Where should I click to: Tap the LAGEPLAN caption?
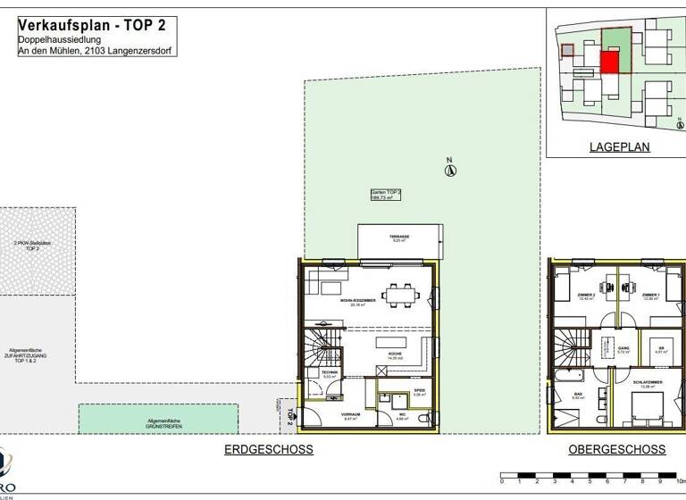tap(618, 147)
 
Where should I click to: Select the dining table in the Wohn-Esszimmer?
tap(400, 293)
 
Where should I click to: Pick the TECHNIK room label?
tap(330, 373)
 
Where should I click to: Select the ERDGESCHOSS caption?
tap(268, 450)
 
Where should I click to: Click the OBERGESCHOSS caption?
tap(616, 450)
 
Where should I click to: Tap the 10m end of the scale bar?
tap(680, 481)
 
